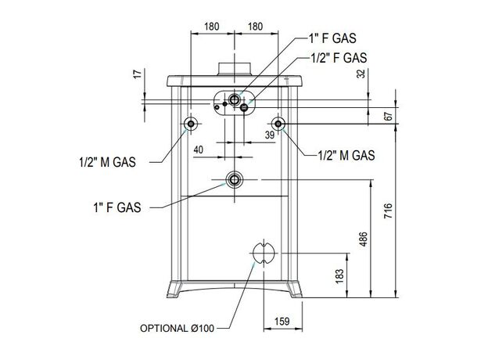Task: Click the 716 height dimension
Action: [388, 211]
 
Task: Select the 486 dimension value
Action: [363, 239]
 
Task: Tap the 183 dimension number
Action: [339, 276]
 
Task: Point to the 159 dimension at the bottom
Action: [282, 321]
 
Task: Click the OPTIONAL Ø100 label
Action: [177, 328]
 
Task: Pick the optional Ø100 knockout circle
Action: [264, 253]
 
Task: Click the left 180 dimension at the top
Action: [212, 27]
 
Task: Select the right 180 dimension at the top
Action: [255, 27]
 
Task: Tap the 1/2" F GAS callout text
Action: [339, 58]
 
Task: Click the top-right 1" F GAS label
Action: [332, 38]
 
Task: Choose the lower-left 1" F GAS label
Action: [117, 207]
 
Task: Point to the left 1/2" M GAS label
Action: [107, 162]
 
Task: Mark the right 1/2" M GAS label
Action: [346, 155]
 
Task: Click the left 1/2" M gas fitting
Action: [191, 124]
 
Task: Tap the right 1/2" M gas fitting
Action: [278, 124]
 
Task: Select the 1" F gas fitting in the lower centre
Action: [234, 180]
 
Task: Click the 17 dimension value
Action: [138, 74]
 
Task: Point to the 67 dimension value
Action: [388, 117]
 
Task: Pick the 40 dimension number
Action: [199, 149]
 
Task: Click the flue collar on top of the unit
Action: [234, 69]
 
